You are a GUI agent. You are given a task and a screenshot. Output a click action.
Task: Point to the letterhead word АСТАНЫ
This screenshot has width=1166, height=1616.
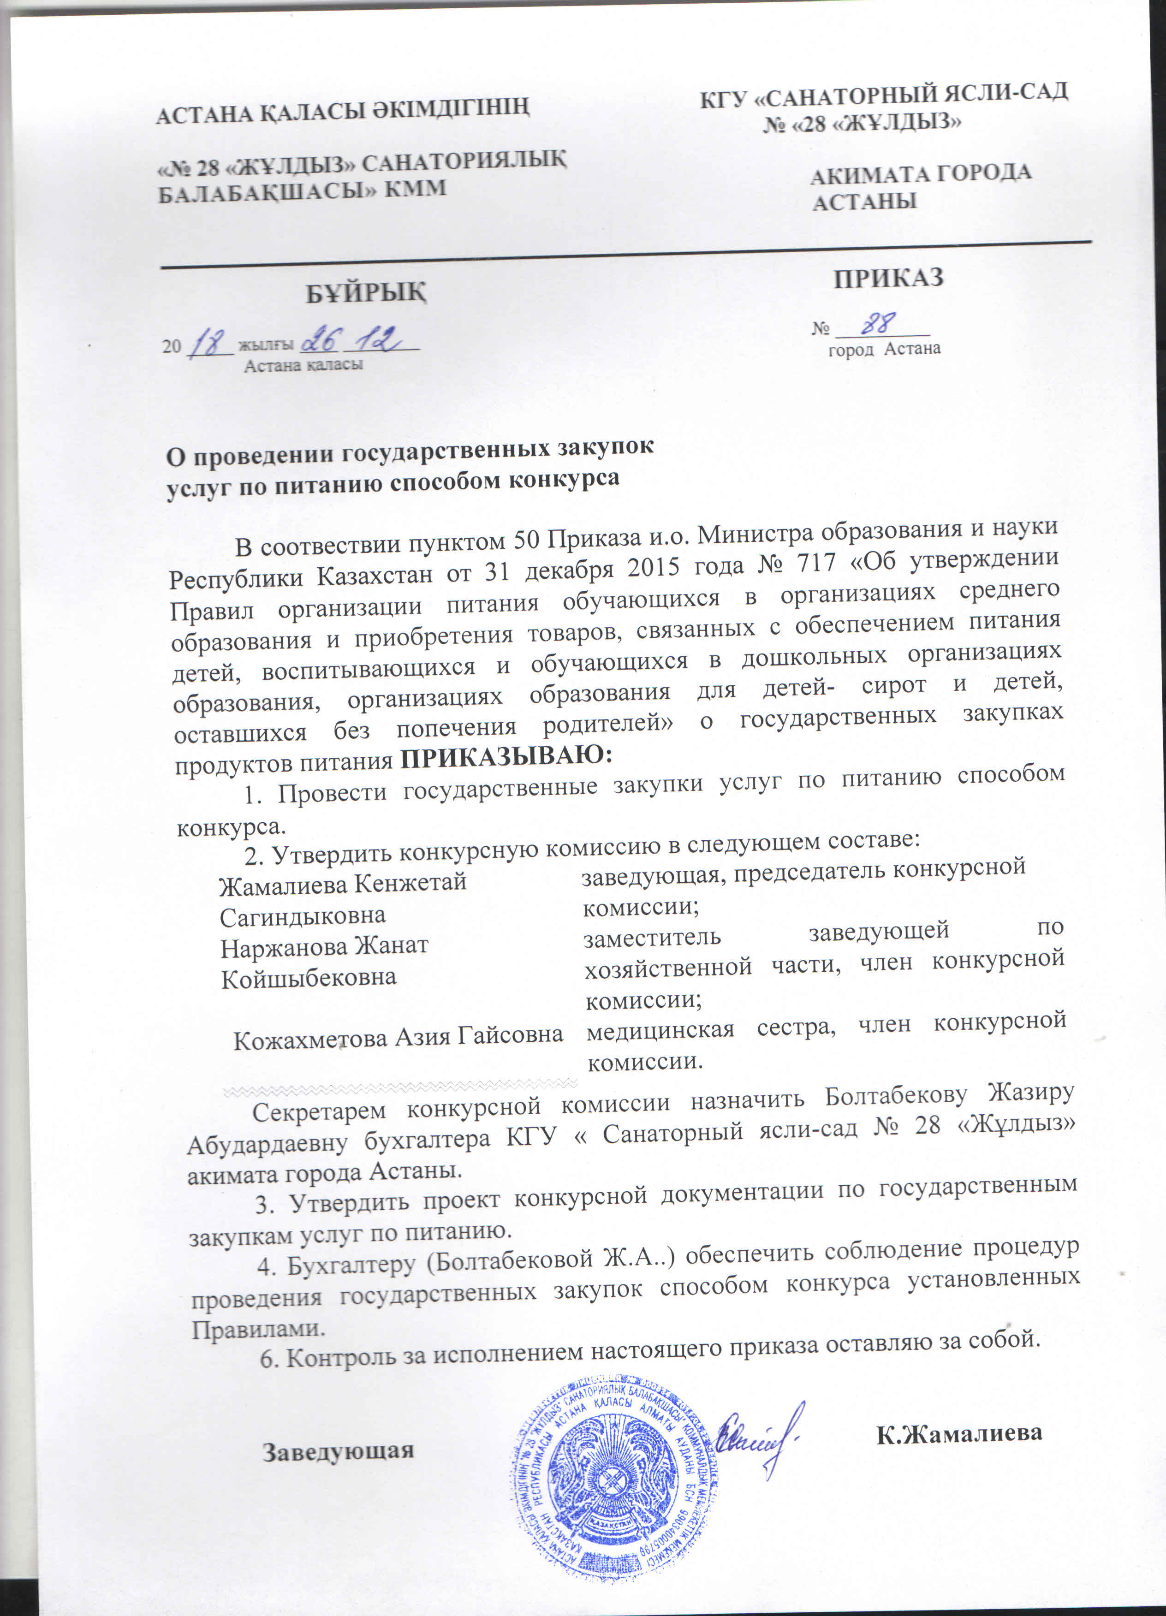click(x=864, y=202)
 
